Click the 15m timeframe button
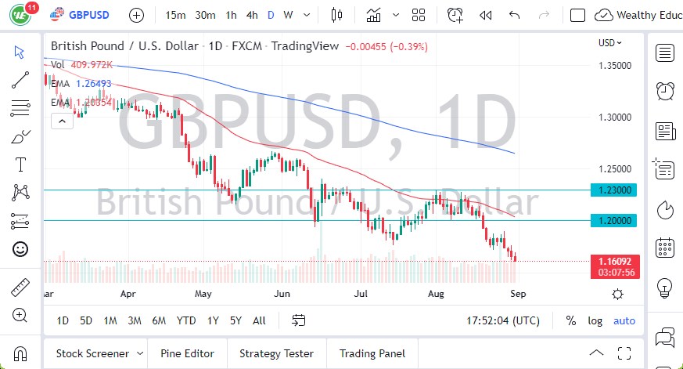click(x=176, y=15)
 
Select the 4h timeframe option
click(x=251, y=15)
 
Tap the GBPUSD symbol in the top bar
click(x=88, y=15)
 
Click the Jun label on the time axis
click(x=283, y=295)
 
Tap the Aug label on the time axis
click(x=437, y=295)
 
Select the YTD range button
click(x=186, y=320)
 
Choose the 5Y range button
click(x=235, y=320)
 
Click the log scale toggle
click(x=595, y=320)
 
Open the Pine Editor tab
click(x=188, y=353)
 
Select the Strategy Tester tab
click(x=276, y=353)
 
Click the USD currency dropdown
click(x=610, y=43)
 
